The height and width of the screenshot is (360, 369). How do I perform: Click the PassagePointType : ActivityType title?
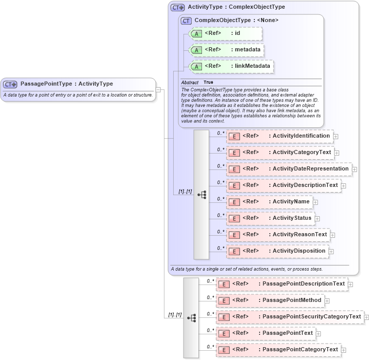pos(66,84)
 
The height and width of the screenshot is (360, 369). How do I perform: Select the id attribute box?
pos(226,33)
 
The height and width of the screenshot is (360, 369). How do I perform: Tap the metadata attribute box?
pos(227,50)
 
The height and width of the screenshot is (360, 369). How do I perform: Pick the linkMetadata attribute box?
pos(231,66)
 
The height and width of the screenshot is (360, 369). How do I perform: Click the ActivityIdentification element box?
pos(280,136)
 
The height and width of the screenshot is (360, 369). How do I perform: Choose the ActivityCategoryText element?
pos(280,153)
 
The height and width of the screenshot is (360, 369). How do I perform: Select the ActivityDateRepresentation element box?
pos(288,169)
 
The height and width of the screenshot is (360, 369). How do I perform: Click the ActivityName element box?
pos(269,202)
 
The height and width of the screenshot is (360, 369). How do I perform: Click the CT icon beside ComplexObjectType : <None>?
pos(186,21)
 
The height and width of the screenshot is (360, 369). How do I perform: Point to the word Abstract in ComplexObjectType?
pos(190,82)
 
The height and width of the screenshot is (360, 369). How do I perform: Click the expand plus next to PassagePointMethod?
pos(327,301)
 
